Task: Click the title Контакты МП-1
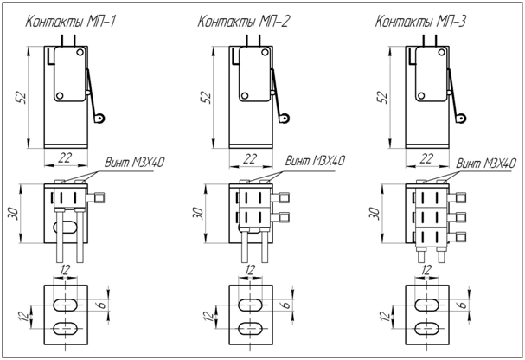pos(71,22)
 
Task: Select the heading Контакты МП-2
pos(243,22)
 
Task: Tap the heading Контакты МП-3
pos(420,22)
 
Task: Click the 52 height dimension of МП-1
pos(22,97)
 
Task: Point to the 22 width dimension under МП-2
pos(249,158)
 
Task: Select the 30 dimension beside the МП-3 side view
pos(375,214)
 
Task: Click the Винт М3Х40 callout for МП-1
pos(135,163)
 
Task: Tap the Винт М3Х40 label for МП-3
pos(486,164)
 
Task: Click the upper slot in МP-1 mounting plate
pos(66,305)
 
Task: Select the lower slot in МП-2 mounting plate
pos(251,329)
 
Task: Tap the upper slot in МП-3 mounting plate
pos(427,305)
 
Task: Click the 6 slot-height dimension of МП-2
pos(287,305)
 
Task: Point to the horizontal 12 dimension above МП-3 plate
pos(426,270)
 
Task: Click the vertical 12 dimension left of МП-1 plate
pos(24,317)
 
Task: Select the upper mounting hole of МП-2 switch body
pos(266,52)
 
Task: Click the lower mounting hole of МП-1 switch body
pos(60,96)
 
